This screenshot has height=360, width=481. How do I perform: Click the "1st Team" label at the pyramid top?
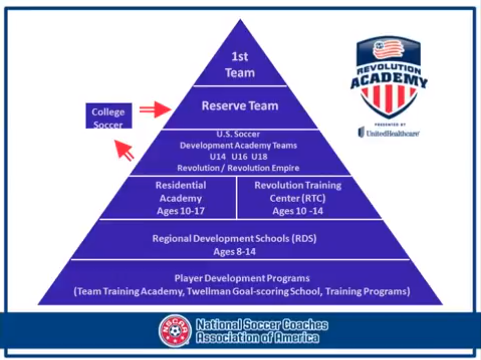click(x=240, y=64)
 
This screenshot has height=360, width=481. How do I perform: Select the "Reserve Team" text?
click(x=240, y=106)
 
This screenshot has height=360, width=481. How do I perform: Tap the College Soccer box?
click(x=109, y=116)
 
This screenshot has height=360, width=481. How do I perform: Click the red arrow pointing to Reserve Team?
click(x=155, y=109)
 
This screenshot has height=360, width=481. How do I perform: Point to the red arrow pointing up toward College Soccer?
click(x=124, y=150)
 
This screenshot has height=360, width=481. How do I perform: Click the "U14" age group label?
click(x=217, y=157)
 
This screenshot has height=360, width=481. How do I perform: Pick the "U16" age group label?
click(x=239, y=157)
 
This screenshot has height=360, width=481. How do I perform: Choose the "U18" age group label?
click(x=260, y=157)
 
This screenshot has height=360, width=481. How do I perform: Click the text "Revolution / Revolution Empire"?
click(x=238, y=168)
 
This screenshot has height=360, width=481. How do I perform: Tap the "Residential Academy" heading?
click(x=181, y=191)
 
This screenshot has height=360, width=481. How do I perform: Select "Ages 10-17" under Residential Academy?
click(x=181, y=211)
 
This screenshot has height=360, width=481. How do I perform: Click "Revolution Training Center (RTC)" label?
click(x=298, y=191)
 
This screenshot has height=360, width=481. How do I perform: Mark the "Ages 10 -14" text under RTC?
click(x=298, y=211)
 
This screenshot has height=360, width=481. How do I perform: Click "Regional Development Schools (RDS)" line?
click(x=234, y=239)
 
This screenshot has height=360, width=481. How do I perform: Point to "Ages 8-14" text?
click(x=234, y=252)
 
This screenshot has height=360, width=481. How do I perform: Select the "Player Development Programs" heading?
click(x=242, y=278)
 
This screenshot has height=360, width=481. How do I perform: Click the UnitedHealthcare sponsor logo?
click(x=389, y=133)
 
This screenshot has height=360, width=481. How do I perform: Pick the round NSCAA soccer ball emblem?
click(x=175, y=331)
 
